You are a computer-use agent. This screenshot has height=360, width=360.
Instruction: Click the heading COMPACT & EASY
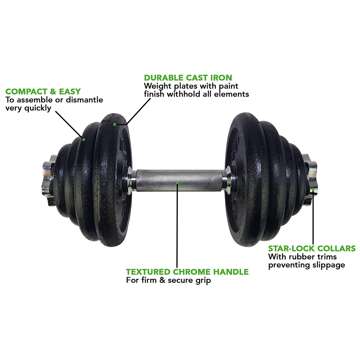(x=43, y=91)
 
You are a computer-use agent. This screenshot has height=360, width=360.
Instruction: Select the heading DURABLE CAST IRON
(x=188, y=78)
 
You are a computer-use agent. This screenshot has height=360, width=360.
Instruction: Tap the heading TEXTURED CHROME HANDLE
(x=187, y=272)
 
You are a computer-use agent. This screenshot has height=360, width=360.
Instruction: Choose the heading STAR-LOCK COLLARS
(x=312, y=248)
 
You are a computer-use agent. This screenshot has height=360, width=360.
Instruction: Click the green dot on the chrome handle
(x=177, y=183)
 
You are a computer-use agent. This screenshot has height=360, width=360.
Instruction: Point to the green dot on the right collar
(x=313, y=189)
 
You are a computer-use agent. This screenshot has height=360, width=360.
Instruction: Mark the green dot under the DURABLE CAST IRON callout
(x=114, y=125)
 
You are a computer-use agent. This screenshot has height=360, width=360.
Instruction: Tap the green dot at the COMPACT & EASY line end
(x=84, y=139)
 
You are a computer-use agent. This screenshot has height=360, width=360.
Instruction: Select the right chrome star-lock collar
(x=310, y=180)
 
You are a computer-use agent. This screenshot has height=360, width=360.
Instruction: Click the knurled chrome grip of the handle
(x=179, y=181)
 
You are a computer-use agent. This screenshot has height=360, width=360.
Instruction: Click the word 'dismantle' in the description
(x=85, y=100)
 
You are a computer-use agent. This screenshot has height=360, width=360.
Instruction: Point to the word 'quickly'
(x=38, y=108)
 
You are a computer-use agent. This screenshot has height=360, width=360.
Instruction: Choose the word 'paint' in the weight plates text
(x=229, y=86)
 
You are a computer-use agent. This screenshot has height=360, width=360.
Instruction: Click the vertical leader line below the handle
(x=177, y=225)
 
